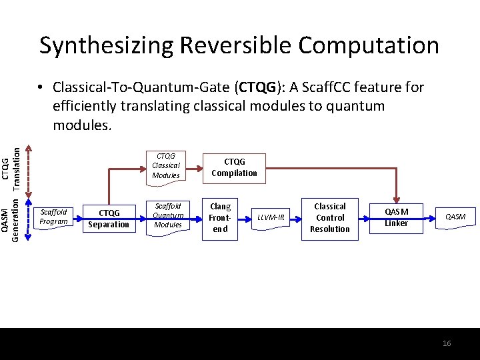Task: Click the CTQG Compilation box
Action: (x=234, y=167)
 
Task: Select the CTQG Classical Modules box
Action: (x=165, y=166)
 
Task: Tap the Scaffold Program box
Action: (x=53, y=217)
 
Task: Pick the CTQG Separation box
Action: (x=109, y=219)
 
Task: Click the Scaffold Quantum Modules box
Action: (x=167, y=215)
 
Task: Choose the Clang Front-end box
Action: (x=220, y=218)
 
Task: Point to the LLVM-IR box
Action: (x=271, y=217)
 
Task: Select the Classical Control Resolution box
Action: (x=330, y=217)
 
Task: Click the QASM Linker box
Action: (x=396, y=217)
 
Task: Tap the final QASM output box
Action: (x=455, y=217)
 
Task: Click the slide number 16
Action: (x=447, y=343)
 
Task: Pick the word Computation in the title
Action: (x=369, y=45)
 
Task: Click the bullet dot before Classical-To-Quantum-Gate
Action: (x=41, y=88)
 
